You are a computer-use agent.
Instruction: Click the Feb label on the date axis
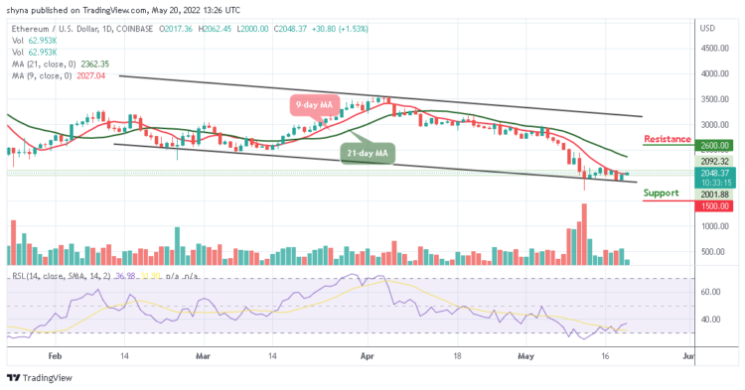pyautogui.click(x=56, y=354)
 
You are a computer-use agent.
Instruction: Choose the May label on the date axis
pyautogui.click(x=526, y=354)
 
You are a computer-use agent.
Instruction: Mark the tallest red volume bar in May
pyautogui.click(x=585, y=234)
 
